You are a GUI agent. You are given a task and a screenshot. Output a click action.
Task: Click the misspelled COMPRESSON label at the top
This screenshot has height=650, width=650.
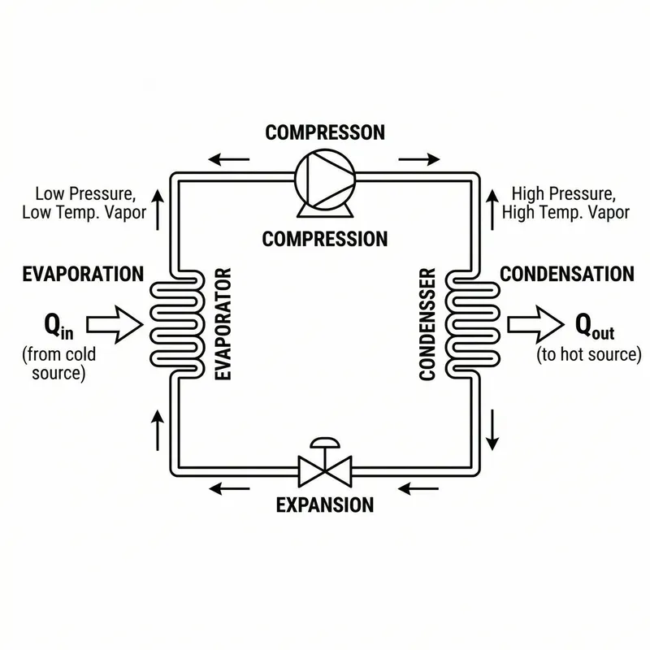325,132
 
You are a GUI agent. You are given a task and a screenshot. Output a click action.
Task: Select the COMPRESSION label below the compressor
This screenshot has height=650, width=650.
325,239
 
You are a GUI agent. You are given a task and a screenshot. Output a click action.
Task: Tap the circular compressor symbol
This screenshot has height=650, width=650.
325,174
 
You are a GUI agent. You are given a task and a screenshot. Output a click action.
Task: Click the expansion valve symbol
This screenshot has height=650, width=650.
325,467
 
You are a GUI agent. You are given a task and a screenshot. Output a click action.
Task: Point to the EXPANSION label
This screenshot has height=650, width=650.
325,505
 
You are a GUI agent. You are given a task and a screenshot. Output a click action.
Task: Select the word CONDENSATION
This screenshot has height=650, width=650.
566,274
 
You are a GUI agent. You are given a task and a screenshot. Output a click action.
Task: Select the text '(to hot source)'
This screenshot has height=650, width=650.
589,355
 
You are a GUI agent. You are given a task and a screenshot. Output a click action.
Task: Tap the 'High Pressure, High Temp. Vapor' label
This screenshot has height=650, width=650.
565,203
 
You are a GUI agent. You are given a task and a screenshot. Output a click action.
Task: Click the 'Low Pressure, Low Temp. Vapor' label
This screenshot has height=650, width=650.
85,203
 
